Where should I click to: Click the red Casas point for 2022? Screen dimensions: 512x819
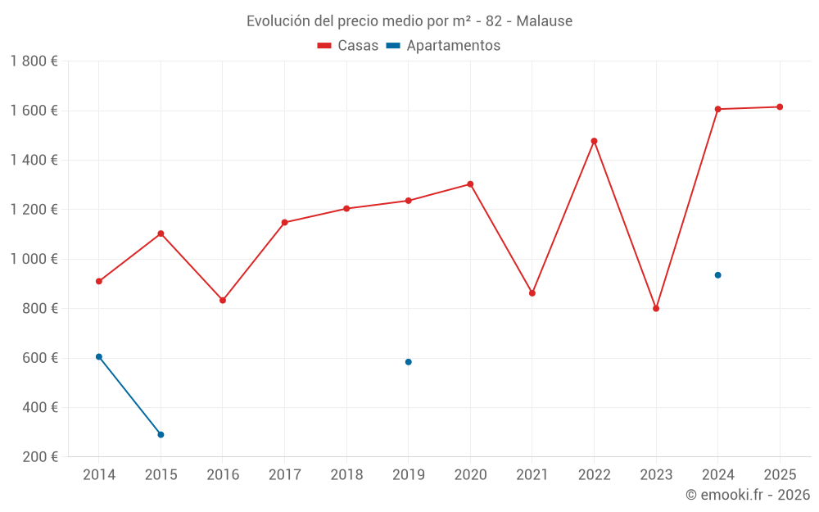point(595,141)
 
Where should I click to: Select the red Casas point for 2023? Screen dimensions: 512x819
point(656,309)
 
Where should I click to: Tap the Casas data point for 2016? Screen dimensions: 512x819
point(223,301)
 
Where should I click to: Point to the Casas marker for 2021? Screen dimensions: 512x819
point(532,293)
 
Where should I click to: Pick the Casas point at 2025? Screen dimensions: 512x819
point(780,107)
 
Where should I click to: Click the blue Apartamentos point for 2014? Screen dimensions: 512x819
point(99,357)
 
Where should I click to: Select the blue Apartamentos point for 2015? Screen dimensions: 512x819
point(161,435)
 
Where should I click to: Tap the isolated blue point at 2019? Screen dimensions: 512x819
point(409,362)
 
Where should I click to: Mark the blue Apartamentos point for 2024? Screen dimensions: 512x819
point(718,275)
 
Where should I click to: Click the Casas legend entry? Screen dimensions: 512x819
point(349,46)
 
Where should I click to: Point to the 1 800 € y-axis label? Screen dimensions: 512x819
point(34,61)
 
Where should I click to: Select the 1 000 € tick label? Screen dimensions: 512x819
point(34,259)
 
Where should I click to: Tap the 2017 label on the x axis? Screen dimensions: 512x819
point(284,475)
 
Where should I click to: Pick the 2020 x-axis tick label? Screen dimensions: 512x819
point(470,475)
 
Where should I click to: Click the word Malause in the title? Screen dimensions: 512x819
point(545,21)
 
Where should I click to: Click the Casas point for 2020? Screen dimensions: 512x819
point(470,184)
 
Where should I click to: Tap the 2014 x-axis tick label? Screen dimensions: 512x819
point(99,475)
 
